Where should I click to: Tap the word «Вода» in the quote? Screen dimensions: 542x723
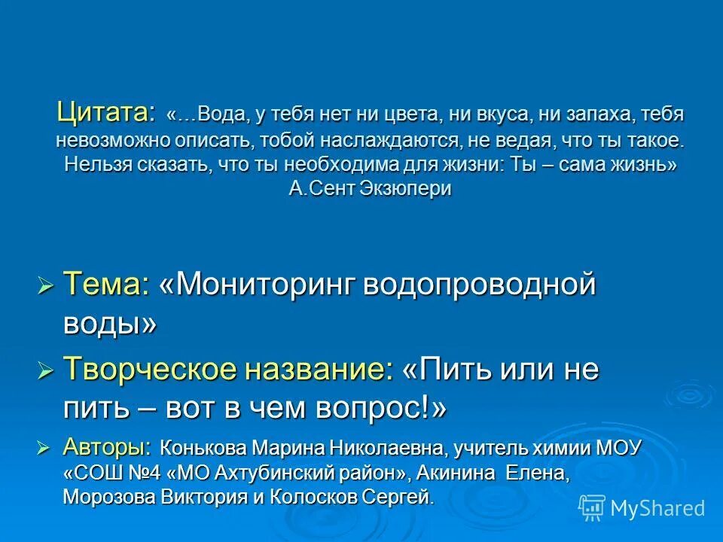click(x=220, y=115)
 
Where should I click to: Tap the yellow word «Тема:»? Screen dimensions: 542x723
click(x=106, y=285)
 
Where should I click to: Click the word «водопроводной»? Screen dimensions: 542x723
click(x=480, y=285)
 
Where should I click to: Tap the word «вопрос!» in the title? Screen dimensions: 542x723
click(x=380, y=409)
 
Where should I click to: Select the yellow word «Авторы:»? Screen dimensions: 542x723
click(x=107, y=448)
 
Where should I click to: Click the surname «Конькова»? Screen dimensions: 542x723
click(x=203, y=449)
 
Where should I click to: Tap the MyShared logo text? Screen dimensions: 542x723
click(x=657, y=508)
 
